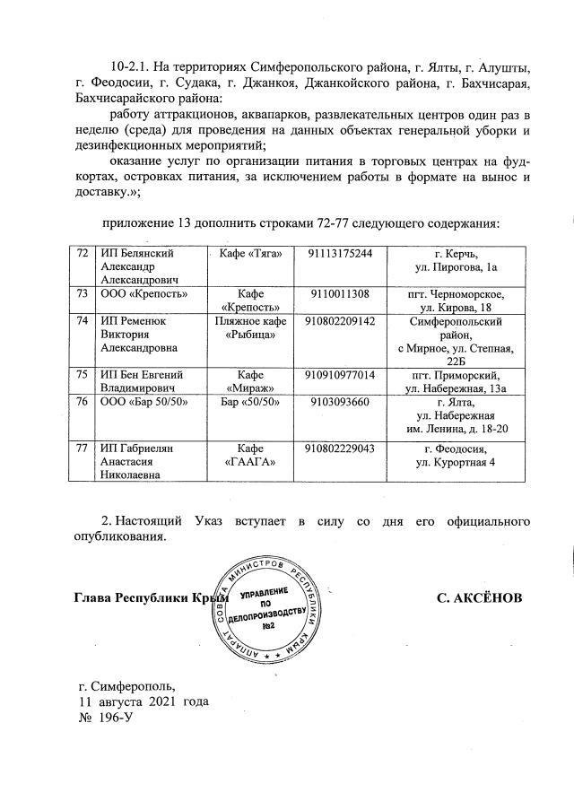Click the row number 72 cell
tap(82, 254)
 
